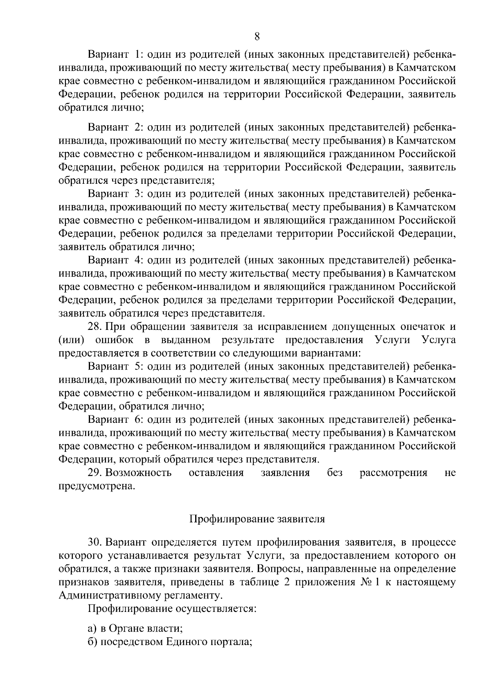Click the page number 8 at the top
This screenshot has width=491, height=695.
pos(257,37)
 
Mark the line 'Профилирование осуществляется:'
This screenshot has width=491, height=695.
pos(172,609)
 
